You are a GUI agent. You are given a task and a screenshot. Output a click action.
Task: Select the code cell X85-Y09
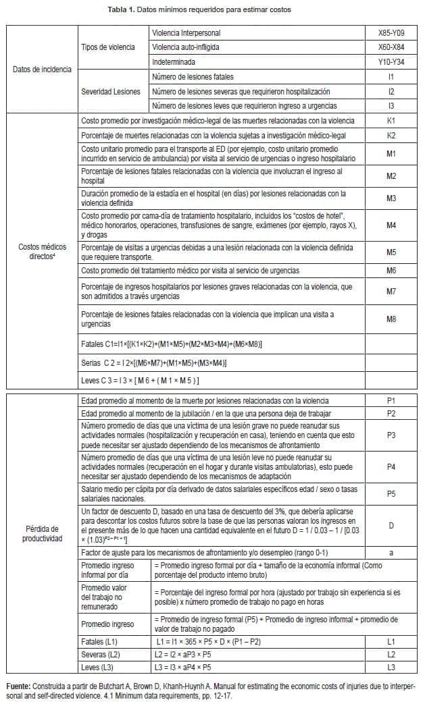391,32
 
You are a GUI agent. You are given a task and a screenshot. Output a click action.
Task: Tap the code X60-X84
391,47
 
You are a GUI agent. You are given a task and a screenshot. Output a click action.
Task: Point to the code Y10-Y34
391,62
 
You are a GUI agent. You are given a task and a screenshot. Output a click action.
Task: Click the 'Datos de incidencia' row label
42,70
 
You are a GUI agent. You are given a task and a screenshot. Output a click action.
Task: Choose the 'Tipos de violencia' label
108,47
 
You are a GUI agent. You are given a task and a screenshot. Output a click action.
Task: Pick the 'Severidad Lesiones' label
111,92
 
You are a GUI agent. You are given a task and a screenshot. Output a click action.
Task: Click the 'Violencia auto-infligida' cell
186,47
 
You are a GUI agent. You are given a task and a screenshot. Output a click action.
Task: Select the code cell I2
391,92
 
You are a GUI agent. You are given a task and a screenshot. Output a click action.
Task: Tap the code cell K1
391,121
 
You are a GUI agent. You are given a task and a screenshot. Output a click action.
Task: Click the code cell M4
391,225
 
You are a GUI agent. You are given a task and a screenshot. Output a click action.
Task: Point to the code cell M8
391,319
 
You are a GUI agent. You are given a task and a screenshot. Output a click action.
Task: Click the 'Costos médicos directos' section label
42,252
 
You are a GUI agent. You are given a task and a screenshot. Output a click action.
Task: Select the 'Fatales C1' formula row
172,345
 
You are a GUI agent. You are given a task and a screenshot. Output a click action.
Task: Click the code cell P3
391,435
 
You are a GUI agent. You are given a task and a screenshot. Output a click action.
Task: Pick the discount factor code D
391,525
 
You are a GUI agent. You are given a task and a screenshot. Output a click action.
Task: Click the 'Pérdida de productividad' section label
42,534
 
